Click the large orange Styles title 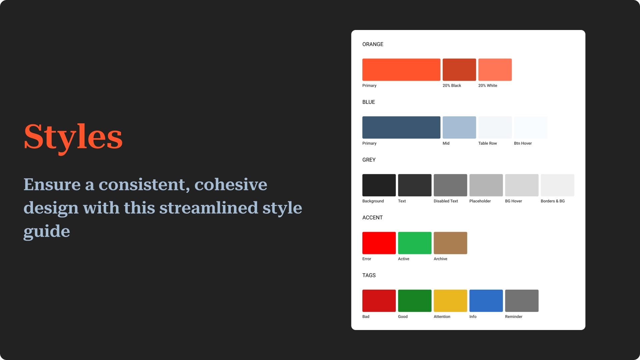[x=73, y=137]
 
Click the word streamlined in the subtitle [x=209, y=208]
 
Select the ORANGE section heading [x=373, y=44]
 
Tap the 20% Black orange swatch [x=459, y=70]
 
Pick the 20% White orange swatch [x=495, y=70]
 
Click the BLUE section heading [x=369, y=102]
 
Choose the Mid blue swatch [x=459, y=127]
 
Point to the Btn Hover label [x=523, y=143]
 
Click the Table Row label [x=487, y=143]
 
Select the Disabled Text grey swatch [x=450, y=185]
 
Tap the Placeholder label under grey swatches [x=480, y=201]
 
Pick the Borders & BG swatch [x=557, y=185]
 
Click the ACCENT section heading [x=372, y=218]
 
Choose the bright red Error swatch [x=379, y=243]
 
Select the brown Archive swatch [x=450, y=243]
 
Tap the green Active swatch [x=415, y=243]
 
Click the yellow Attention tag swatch [x=450, y=301]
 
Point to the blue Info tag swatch [x=486, y=301]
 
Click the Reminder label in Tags [x=514, y=317]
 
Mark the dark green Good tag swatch [x=415, y=301]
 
